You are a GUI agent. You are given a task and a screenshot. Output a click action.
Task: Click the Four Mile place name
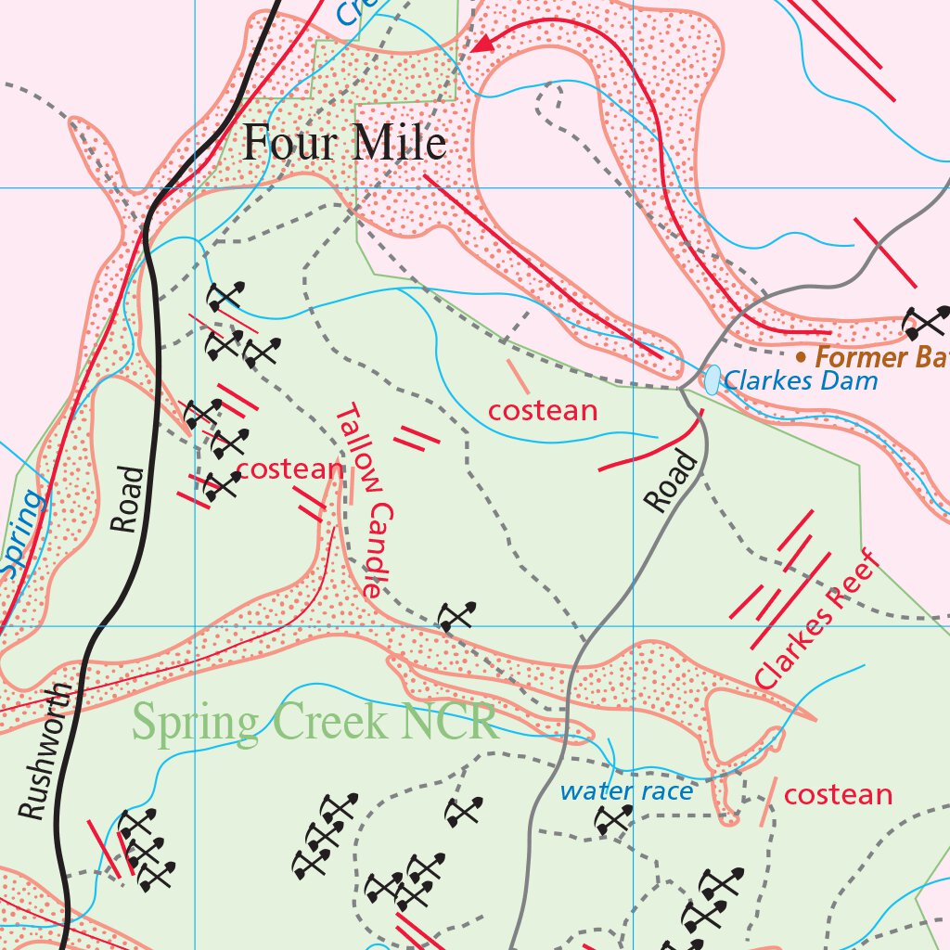[344, 144]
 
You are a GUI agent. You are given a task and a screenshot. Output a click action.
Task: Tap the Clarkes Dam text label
[800, 380]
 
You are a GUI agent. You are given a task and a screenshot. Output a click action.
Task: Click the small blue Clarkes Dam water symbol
[712, 379]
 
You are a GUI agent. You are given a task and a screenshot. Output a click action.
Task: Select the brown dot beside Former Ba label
[801, 356]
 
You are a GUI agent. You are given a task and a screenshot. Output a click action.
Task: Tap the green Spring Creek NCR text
[315, 721]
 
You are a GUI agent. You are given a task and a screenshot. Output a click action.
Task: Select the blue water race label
[626, 791]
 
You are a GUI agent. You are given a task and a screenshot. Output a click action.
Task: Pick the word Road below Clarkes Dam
[671, 481]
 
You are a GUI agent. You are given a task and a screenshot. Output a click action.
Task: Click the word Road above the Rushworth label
[127, 499]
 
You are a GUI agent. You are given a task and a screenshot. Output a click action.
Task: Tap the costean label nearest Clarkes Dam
[543, 410]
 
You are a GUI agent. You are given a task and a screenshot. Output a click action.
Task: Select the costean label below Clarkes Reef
[838, 795]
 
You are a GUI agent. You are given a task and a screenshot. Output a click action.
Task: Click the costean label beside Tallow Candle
[290, 469]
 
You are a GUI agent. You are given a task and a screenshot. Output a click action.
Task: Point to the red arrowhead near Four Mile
[481, 44]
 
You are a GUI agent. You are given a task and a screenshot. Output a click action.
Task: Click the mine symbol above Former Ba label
[926, 322]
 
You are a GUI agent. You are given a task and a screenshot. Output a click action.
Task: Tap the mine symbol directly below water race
[613, 818]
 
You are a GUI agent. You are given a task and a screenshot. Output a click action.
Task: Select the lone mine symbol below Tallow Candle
[456, 616]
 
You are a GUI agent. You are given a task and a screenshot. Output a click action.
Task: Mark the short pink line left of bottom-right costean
[767, 802]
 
